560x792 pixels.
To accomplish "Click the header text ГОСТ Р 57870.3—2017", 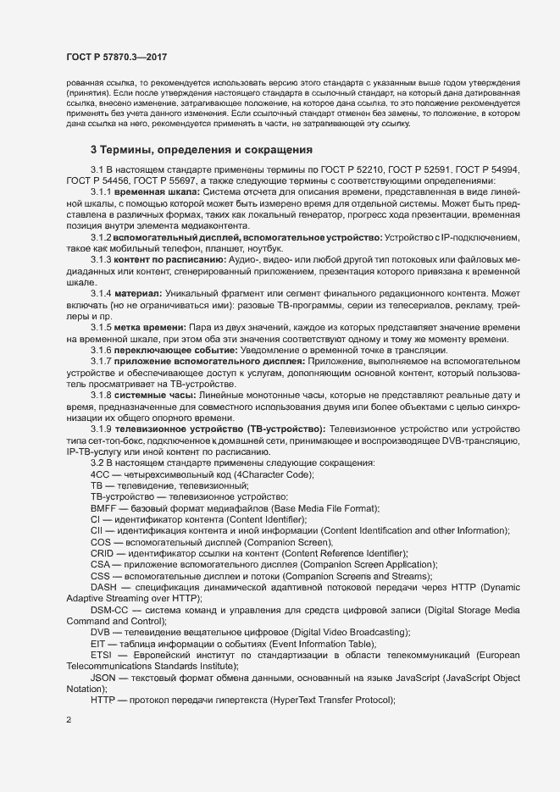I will [x=116, y=56].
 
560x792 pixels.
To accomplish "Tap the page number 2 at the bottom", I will [x=69, y=720].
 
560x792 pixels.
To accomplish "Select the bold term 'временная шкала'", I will [x=150, y=191].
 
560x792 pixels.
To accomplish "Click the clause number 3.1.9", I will [x=103, y=429].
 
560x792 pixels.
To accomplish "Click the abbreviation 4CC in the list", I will [x=101, y=474].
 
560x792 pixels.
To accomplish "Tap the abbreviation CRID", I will [x=103, y=552].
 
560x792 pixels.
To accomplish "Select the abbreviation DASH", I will [x=103, y=586].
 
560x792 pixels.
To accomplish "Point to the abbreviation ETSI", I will [x=102, y=655].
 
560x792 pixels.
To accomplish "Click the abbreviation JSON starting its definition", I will [x=104, y=677].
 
